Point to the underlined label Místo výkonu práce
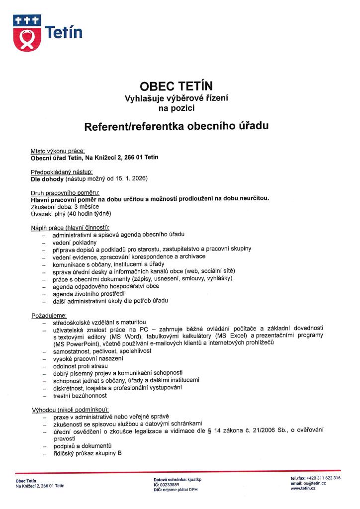point(58,151)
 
